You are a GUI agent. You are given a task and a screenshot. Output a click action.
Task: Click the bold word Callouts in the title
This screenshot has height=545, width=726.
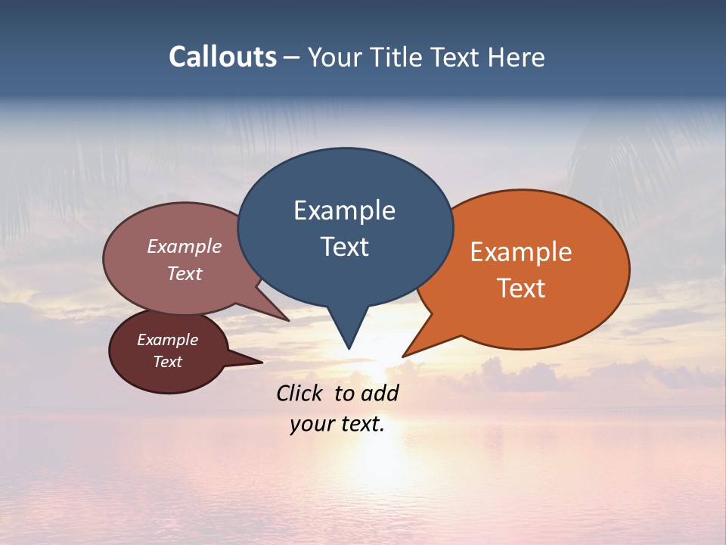223,57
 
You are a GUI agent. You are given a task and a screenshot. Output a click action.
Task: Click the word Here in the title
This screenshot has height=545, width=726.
516,57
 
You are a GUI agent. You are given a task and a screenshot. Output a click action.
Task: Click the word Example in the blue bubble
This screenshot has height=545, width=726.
344,210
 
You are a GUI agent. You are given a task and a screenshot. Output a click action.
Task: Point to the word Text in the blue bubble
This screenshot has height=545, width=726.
344,247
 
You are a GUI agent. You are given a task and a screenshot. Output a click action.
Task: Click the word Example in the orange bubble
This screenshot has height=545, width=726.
521,252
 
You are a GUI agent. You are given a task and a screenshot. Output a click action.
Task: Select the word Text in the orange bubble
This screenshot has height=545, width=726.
521,288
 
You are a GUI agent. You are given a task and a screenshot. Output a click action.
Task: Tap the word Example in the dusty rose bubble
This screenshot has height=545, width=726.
185,246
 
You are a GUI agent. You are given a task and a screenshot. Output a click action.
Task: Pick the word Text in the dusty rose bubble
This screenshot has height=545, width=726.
185,274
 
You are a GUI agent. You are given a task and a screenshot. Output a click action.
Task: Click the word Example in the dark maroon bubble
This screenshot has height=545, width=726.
168,340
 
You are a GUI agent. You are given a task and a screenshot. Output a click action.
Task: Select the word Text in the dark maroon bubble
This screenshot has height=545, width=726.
168,362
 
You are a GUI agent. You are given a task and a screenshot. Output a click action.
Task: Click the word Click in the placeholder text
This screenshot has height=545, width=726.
300,393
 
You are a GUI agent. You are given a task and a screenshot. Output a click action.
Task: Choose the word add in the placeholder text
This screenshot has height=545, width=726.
380,393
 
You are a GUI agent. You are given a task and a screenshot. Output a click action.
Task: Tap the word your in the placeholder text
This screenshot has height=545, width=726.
311,424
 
